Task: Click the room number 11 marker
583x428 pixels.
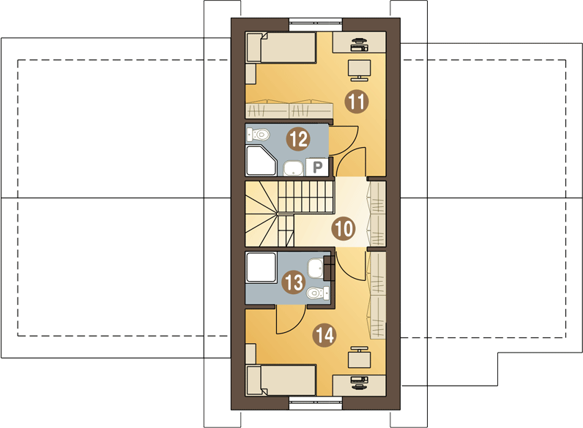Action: click(357, 102)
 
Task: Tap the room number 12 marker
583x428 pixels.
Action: click(297, 137)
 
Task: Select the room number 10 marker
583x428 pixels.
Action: click(343, 228)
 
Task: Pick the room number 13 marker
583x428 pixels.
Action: click(294, 281)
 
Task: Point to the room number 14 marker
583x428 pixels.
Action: click(324, 335)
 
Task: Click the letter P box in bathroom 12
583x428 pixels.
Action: click(318, 168)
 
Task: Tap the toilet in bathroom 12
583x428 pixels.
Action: click(259, 134)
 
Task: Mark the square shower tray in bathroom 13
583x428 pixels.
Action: click(261, 268)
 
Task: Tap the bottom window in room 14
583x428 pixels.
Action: click(316, 401)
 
